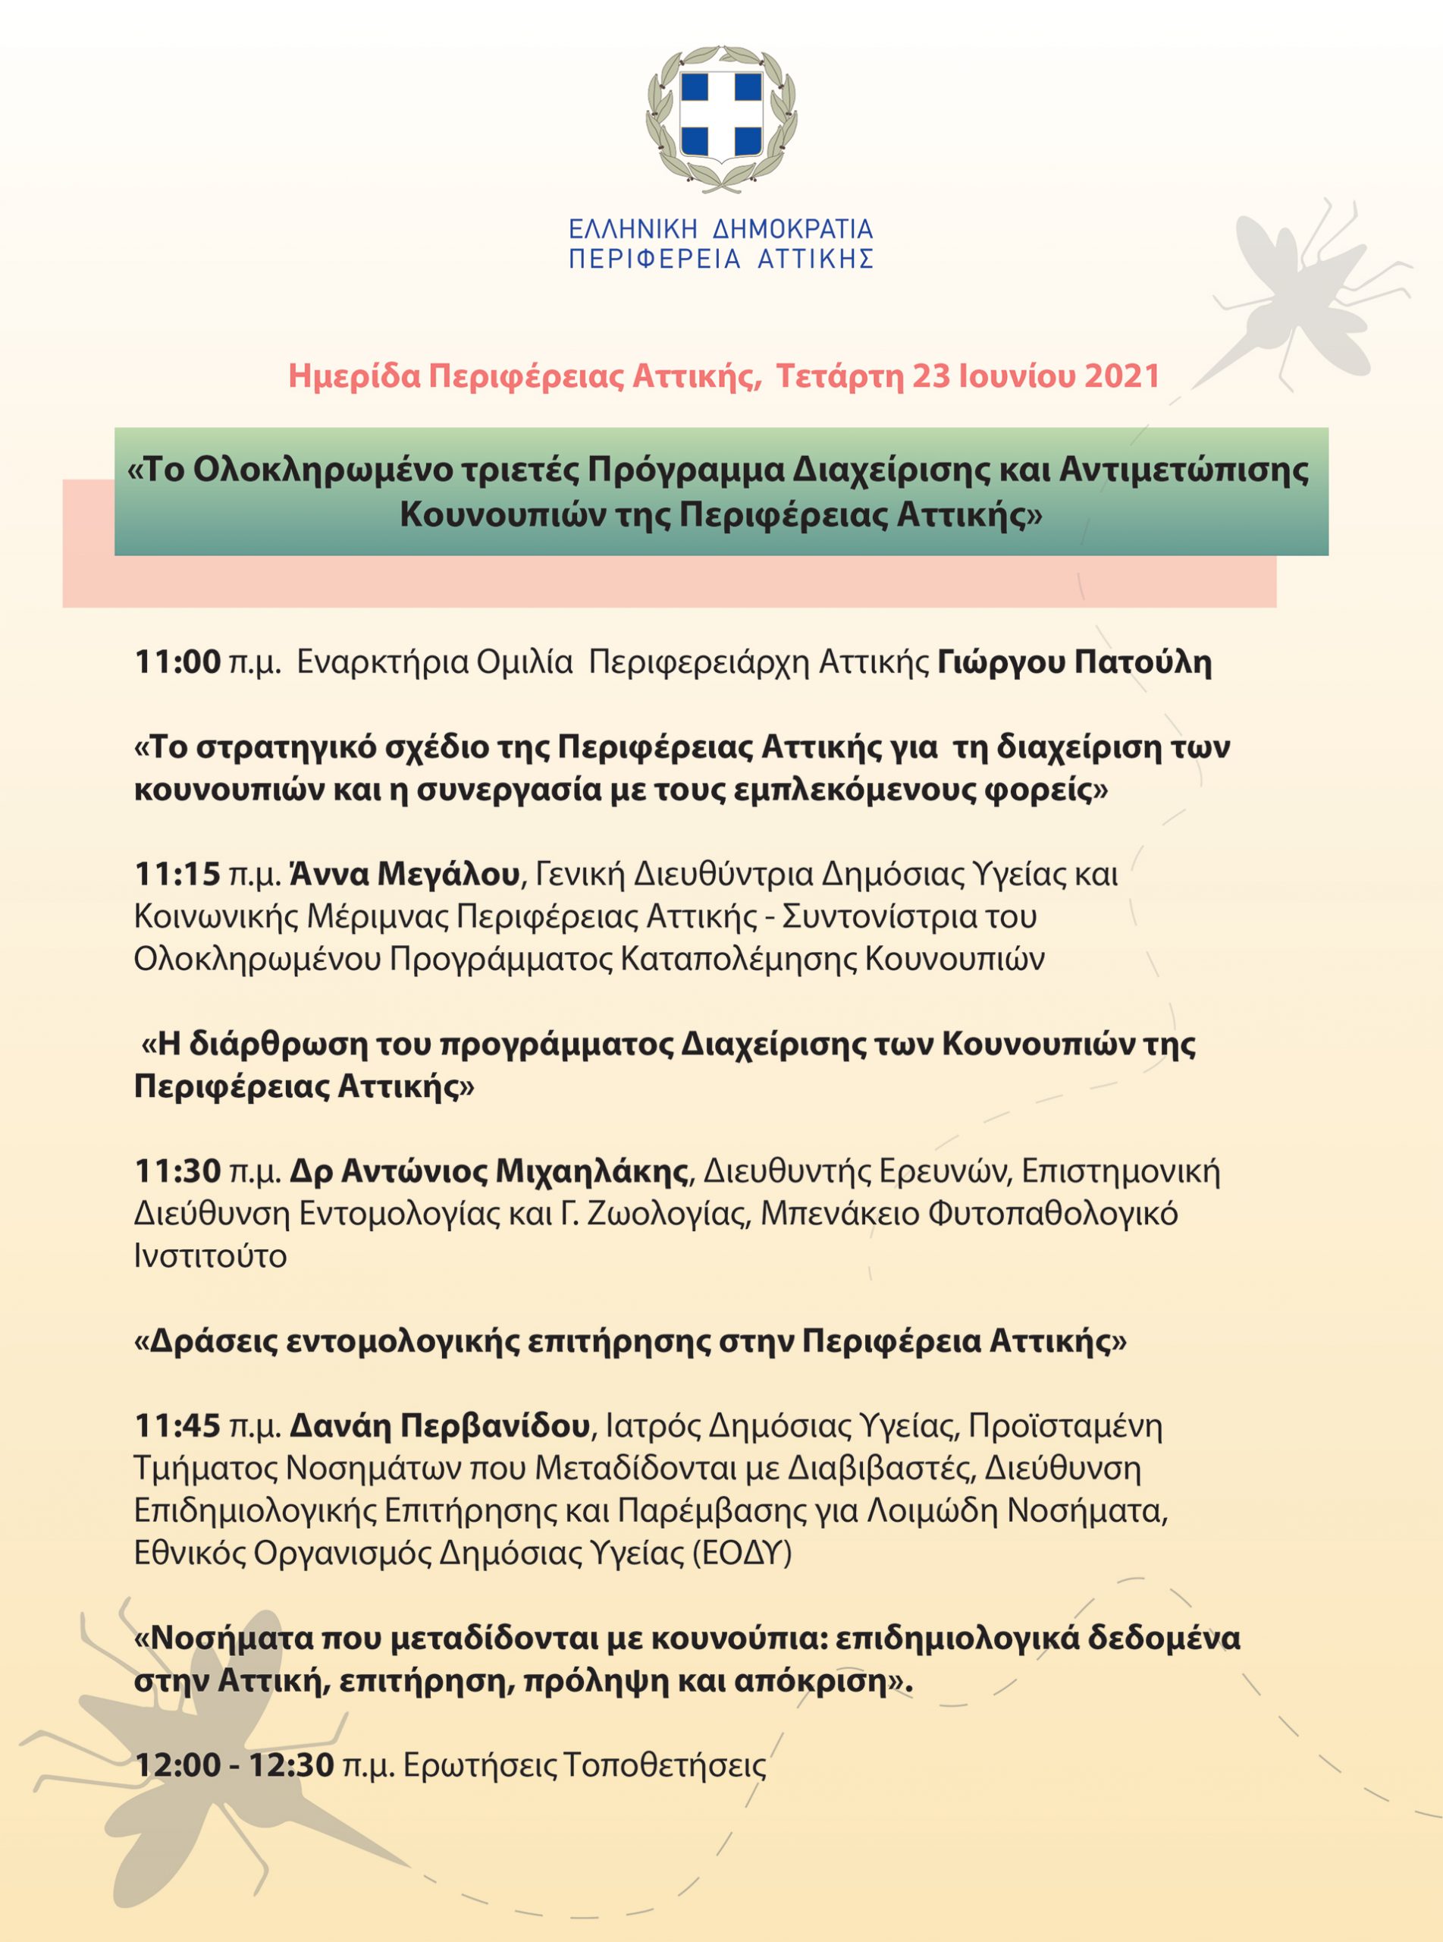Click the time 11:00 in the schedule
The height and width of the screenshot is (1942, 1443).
click(x=177, y=662)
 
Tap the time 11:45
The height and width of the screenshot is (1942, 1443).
click(x=177, y=1425)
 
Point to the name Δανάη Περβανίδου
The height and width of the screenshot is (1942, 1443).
click(x=439, y=1425)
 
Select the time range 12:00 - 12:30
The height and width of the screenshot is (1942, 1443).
click(x=234, y=1765)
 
